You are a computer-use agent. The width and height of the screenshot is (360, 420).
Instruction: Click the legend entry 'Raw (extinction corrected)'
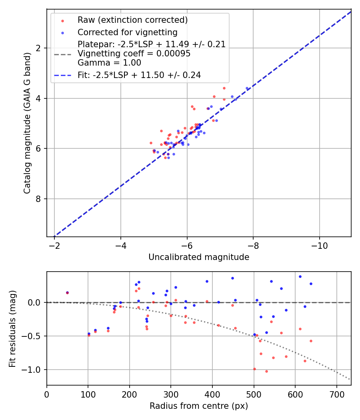click(x=132, y=20)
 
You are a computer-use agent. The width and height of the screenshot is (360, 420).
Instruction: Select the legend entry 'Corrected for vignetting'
click(x=127, y=32)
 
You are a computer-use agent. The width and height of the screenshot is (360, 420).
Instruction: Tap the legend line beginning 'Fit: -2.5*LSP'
click(x=139, y=75)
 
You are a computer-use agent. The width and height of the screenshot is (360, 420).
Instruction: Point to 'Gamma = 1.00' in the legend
click(x=109, y=63)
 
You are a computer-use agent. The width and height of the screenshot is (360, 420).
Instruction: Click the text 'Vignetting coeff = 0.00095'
click(x=134, y=54)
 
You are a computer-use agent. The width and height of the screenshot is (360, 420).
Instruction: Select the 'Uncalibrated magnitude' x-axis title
click(x=199, y=257)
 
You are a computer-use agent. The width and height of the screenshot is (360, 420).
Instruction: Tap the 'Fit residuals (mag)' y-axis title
click(x=13, y=328)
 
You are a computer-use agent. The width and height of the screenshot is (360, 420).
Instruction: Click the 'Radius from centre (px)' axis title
click(x=199, y=406)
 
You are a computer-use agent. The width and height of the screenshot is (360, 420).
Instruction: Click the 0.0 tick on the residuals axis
click(x=35, y=302)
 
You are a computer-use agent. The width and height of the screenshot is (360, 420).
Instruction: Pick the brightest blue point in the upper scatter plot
click(x=247, y=88)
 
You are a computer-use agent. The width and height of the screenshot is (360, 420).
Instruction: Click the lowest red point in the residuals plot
click(x=266, y=371)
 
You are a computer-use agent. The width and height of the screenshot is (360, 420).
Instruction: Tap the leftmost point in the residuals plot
click(x=67, y=293)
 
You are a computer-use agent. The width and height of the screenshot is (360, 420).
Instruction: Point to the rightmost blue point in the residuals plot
click(x=311, y=284)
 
